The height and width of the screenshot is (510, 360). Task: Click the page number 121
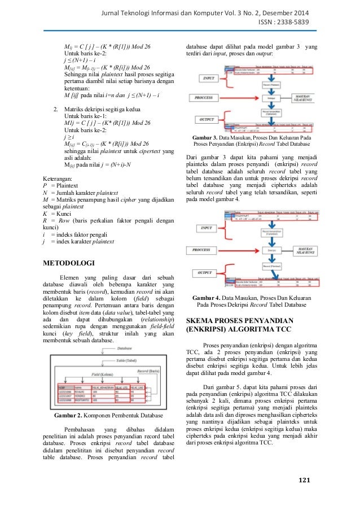[304, 481]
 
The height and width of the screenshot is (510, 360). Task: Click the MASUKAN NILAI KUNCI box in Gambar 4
[301, 249]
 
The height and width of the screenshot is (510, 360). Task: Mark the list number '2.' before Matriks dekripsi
[55, 107]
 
